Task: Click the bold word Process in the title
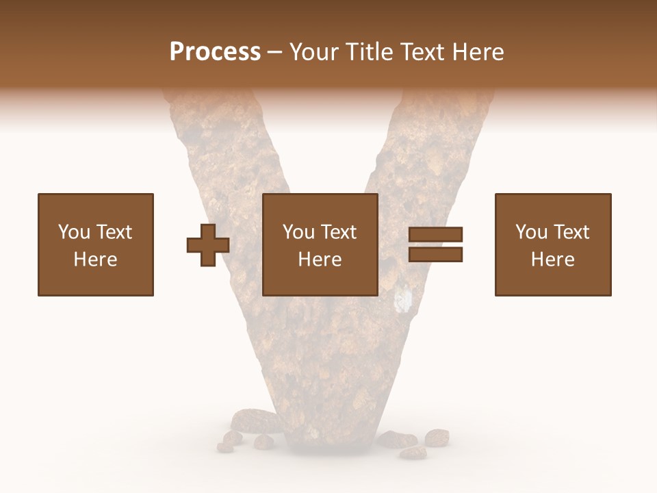coord(215,52)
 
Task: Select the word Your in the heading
coord(314,52)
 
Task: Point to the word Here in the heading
coord(477,52)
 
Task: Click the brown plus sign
coord(208,245)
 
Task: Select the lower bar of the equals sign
coord(436,255)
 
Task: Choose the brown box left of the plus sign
coord(96,244)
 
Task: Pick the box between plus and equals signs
coord(320,244)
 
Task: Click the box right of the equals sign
coord(553,244)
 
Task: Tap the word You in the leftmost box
coord(73,232)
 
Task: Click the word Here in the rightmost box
coord(553,260)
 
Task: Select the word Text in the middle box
coord(338,232)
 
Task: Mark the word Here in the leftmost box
coord(96,260)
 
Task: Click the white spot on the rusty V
coord(405,299)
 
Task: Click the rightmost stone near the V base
coord(437,437)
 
